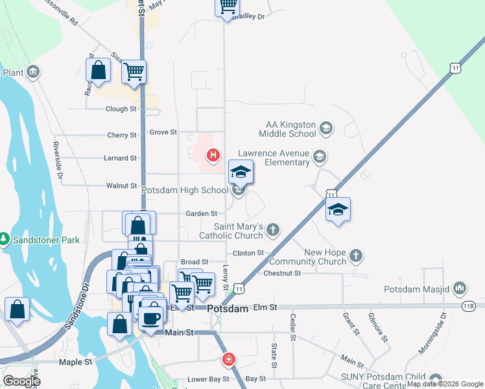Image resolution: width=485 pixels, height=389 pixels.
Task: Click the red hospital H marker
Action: coord(212,155)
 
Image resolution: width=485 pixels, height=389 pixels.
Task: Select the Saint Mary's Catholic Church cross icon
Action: coord(274,229)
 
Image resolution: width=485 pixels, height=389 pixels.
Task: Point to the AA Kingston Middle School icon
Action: coord(325,129)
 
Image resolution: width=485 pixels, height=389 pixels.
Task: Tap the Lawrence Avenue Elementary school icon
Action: coord(319,156)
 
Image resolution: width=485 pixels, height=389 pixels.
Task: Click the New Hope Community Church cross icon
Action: coord(355,256)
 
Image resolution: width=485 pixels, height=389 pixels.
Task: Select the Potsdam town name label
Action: coord(228,309)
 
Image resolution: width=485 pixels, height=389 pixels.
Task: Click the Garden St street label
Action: coord(201,213)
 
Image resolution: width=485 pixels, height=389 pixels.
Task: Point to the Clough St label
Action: coord(121,109)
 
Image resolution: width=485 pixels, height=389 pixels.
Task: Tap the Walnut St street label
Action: coord(121,186)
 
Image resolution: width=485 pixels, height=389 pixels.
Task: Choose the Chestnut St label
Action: coord(282,274)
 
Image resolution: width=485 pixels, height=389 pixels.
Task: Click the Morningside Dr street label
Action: coord(443,329)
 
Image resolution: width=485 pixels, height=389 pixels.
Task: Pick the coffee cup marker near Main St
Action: coord(152,317)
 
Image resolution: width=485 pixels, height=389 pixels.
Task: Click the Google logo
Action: coord(21,381)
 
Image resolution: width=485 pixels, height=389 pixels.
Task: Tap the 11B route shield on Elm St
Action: coord(469,305)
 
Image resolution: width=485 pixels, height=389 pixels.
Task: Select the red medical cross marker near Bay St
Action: coord(228,359)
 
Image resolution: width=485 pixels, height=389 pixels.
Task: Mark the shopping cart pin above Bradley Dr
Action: coord(228,6)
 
